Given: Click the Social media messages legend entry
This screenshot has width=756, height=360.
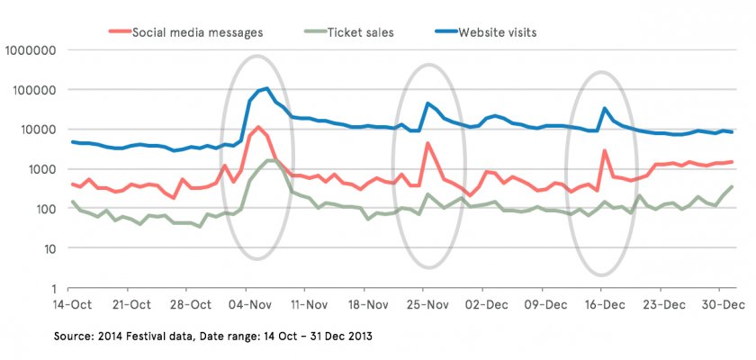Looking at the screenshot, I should click(197, 33).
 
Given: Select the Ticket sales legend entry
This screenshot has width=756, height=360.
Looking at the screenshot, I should click(360, 33).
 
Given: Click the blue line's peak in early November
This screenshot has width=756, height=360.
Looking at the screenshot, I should click(266, 88).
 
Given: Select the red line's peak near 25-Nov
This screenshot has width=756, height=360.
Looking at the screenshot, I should click(427, 143).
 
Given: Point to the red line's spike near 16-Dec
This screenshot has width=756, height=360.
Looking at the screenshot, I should click(605, 150).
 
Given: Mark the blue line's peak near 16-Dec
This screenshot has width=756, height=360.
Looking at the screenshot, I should click(605, 109).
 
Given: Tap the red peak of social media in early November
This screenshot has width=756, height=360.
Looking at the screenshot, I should click(258, 127).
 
